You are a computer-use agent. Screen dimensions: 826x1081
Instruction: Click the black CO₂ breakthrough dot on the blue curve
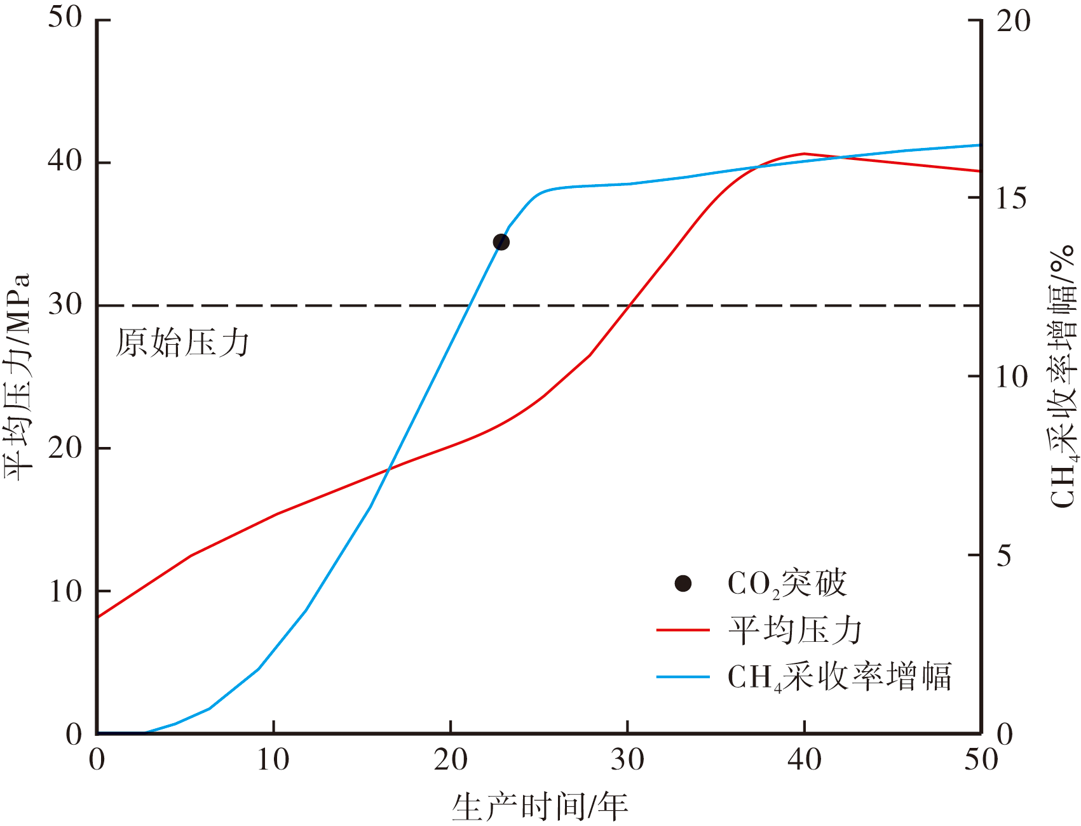[501, 242]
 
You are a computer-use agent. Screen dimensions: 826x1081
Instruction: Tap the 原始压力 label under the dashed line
[182, 343]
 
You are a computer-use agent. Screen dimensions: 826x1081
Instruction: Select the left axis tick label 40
[65, 161]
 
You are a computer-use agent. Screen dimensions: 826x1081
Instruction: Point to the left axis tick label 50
[65, 18]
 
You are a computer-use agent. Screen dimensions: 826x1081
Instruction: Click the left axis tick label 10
[65, 591]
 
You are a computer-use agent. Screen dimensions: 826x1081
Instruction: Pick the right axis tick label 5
[1004, 556]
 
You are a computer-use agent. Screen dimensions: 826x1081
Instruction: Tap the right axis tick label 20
[1013, 21]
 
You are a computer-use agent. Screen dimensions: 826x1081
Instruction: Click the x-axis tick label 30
[627, 759]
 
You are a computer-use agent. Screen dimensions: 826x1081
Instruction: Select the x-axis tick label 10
[273, 759]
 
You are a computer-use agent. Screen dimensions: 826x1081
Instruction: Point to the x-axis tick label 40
[805, 759]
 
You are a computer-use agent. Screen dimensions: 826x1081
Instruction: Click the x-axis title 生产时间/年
[540, 806]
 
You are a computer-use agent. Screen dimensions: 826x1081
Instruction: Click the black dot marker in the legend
[683, 583]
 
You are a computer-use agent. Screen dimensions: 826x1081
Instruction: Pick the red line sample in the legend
[683, 630]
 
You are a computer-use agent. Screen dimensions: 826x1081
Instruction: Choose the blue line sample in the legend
[683, 677]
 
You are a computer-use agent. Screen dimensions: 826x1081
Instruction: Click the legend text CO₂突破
[787, 583]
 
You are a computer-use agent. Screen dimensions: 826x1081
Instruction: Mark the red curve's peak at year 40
[805, 154]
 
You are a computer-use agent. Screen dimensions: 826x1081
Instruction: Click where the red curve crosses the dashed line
[629, 305]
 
